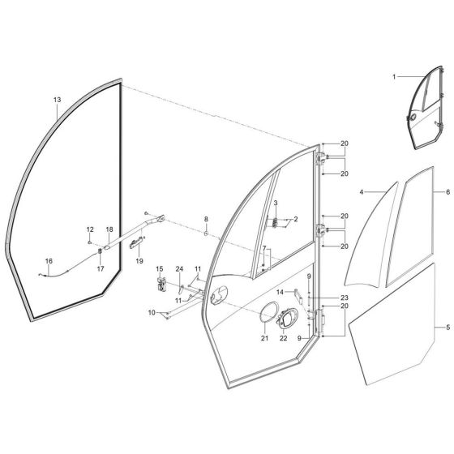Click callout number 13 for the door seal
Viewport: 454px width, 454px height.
click(x=57, y=100)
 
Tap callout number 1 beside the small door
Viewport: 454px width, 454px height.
click(x=395, y=77)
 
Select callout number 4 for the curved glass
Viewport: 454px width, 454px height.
click(x=362, y=192)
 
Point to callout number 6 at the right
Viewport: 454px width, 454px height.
click(x=447, y=193)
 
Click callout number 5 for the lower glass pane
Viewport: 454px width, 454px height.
click(x=447, y=328)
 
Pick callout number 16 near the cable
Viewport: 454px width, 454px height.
click(x=49, y=260)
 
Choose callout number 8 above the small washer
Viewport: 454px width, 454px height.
click(x=206, y=220)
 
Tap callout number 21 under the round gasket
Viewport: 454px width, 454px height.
click(x=264, y=338)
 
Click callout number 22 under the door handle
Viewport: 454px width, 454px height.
click(x=284, y=338)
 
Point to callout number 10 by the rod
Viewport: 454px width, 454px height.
click(x=151, y=312)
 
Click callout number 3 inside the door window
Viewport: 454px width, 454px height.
click(x=275, y=202)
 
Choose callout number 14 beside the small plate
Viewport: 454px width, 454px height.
click(x=279, y=291)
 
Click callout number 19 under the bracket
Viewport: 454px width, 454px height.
click(x=139, y=261)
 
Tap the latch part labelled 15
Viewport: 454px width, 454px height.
click(x=161, y=284)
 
